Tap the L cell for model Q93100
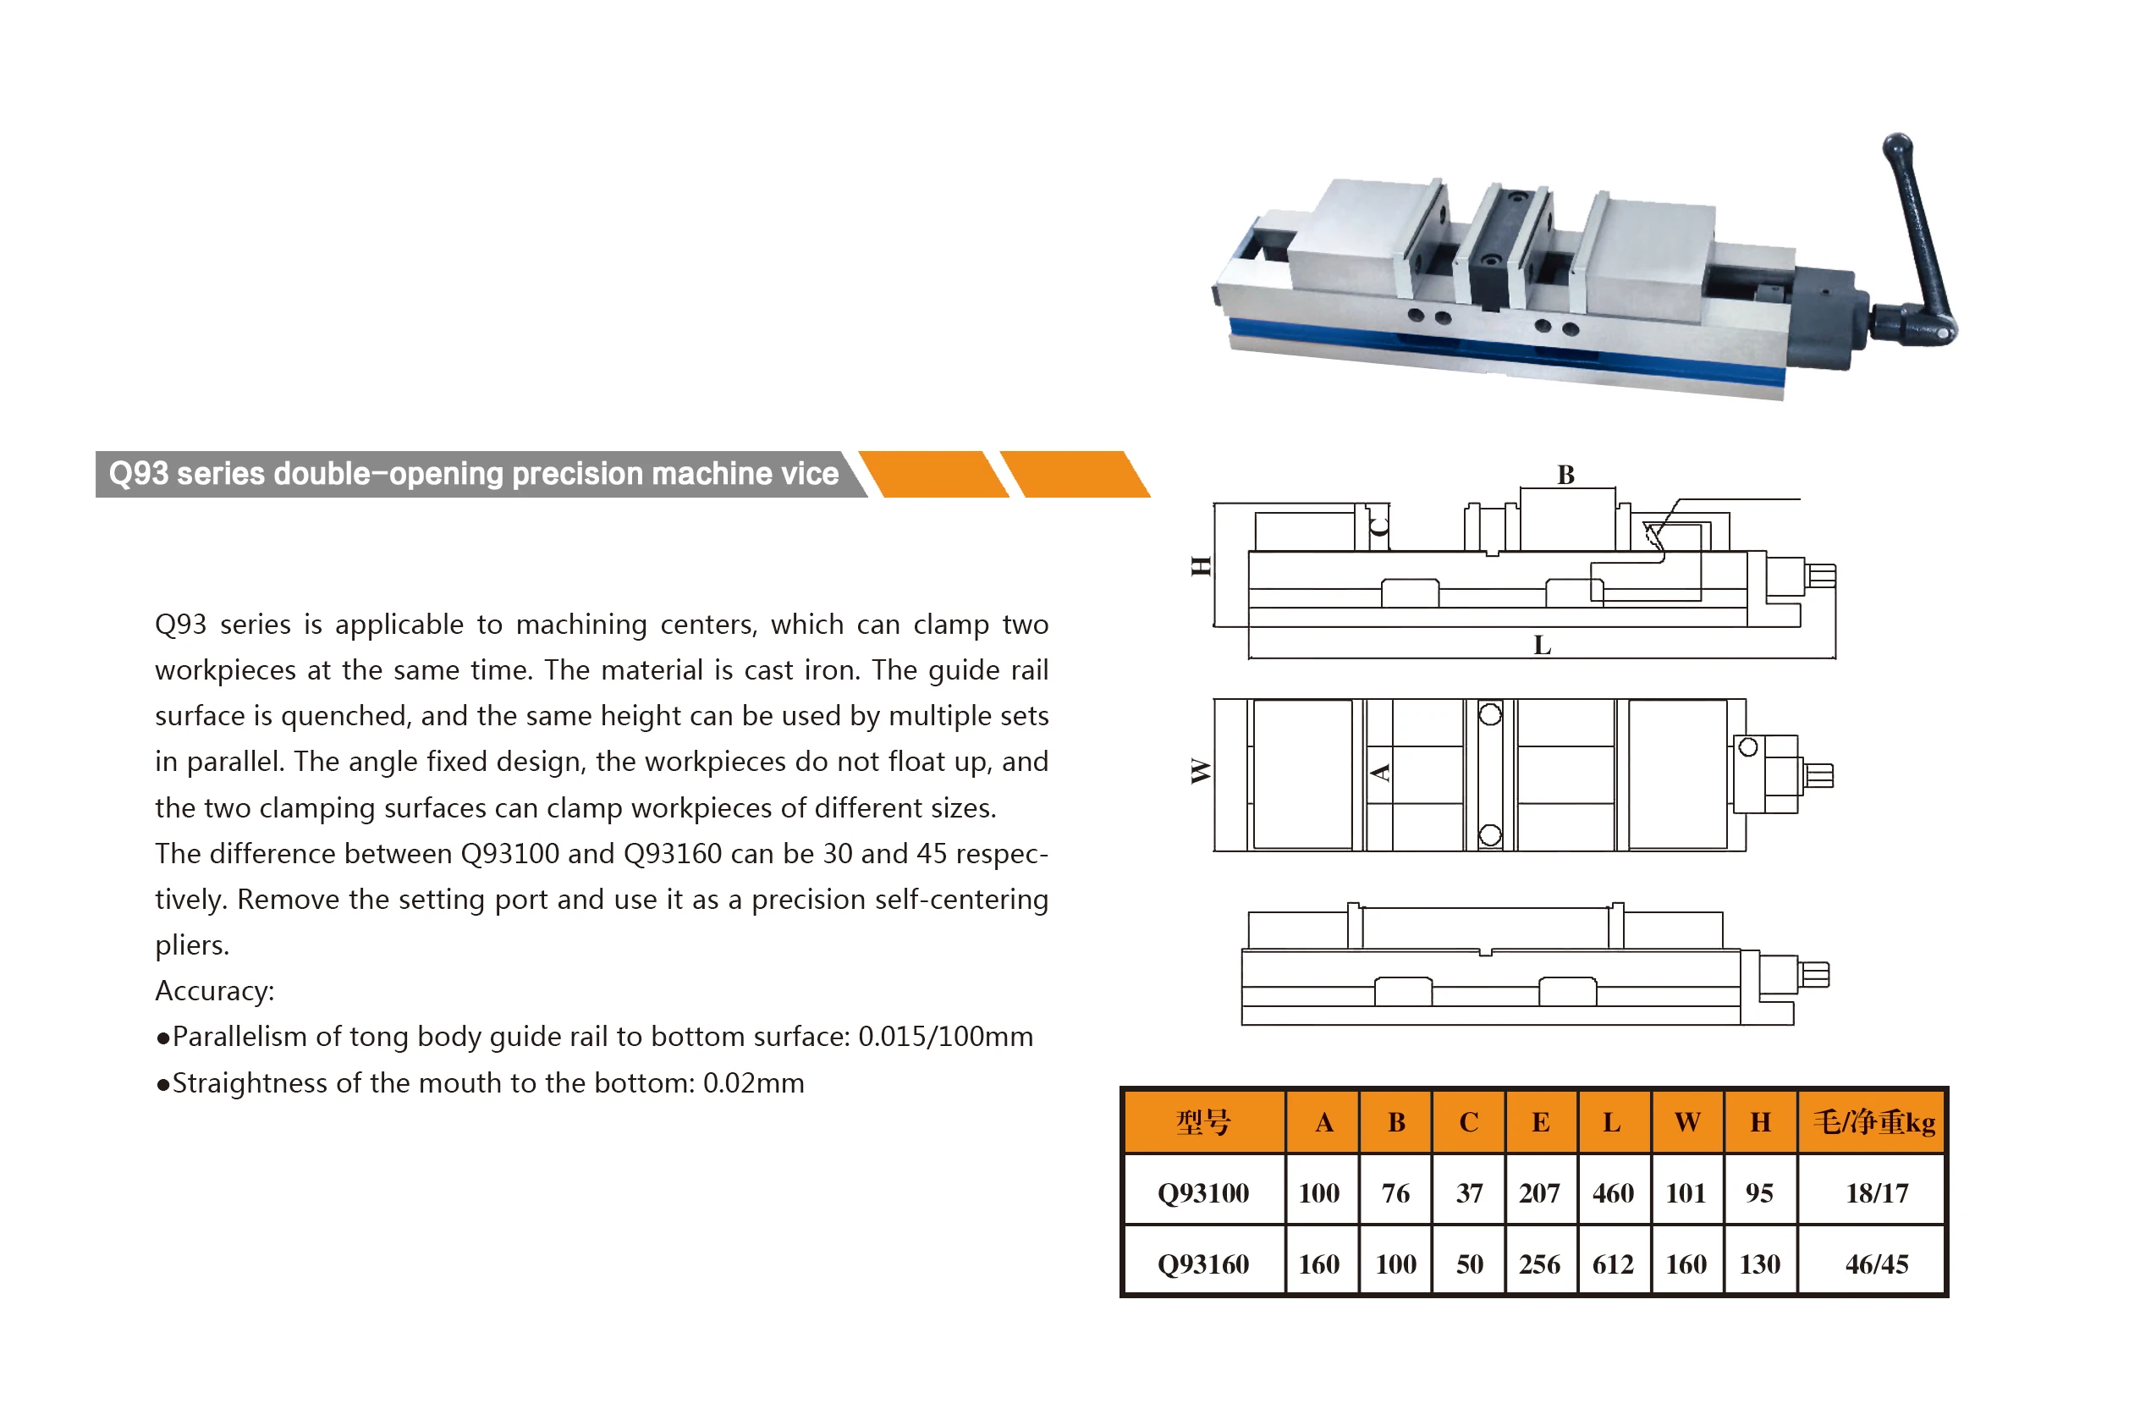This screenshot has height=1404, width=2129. [1613, 1192]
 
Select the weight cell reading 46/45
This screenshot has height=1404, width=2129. [1876, 1264]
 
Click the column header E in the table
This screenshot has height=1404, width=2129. [1540, 1122]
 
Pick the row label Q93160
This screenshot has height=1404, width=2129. [1202, 1264]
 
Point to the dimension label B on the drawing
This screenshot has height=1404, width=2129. [1565, 475]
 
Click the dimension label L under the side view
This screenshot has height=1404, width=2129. [1542, 645]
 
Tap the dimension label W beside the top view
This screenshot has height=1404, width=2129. [1201, 771]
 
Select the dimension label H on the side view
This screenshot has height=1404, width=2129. [1201, 566]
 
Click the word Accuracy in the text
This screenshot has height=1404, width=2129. [213, 991]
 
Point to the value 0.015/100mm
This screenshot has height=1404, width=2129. [944, 1037]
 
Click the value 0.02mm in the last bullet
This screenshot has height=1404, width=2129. [753, 1083]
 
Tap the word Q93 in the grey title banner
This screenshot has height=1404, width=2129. [138, 474]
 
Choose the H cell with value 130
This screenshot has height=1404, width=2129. [1759, 1264]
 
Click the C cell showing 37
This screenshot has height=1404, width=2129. [1469, 1192]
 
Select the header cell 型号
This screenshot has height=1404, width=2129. [1202, 1122]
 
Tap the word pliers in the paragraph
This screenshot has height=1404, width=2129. [190, 945]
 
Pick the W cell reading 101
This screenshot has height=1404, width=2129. [1686, 1192]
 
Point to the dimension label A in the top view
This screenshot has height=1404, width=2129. [1380, 772]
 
